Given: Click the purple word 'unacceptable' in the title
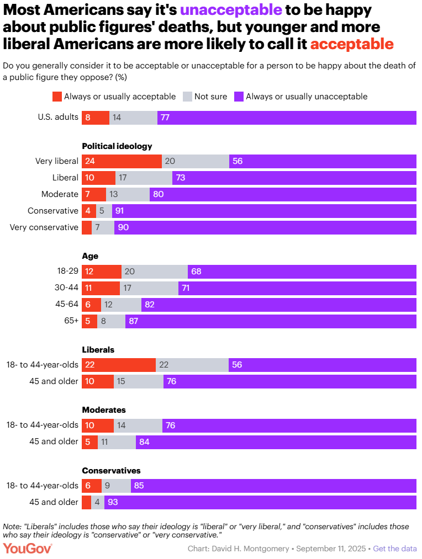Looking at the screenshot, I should coord(227,10).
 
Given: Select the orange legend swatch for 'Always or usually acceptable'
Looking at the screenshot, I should coord(57,97).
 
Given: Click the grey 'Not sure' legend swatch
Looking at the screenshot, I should coord(187,97).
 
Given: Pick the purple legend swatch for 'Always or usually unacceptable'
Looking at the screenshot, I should coord(239,97).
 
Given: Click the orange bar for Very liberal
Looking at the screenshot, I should coord(122,161).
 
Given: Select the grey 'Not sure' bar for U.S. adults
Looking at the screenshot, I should coord(133,118).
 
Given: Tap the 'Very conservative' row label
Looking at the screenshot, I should coord(44,227).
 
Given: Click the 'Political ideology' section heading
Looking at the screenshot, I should coord(117,146).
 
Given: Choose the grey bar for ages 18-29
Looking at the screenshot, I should coord(155,271).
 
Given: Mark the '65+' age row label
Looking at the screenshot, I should coord(71,321).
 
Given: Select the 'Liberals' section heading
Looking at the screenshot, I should coord(98,350).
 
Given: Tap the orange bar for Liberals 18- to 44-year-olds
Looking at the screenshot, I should coord(119,365).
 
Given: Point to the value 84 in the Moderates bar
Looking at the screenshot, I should coord(144,441).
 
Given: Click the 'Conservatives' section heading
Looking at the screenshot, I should coord(111,471).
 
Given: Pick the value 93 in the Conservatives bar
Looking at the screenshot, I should coord(113,502).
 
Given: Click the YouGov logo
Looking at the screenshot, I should coord(28,549).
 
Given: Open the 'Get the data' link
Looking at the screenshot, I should coord(395,549).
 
